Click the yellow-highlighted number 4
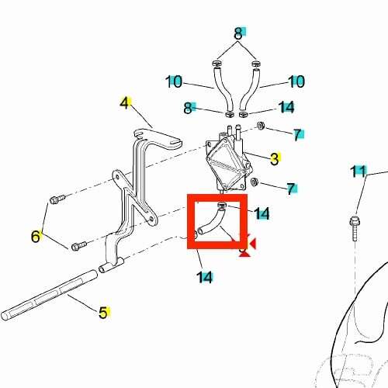coord(124,103)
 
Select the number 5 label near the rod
coord(103,312)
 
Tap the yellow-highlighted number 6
coord(36,236)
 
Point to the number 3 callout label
coord(275,159)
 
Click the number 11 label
coord(359,171)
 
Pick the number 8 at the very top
coord(238,33)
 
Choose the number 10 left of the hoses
coord(174,81)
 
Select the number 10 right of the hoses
coord(296,81)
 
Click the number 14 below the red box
coord(205,277)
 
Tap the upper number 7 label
coord(297,134)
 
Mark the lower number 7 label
coord(291,189)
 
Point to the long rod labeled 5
coord(49,295)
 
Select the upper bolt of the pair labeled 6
coord(57,199)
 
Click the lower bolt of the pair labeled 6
coord(78,246)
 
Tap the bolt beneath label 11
coord(355,229)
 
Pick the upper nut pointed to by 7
coord(260,126)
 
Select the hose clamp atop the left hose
coord(217,63)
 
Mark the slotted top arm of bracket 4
coord(158,138)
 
